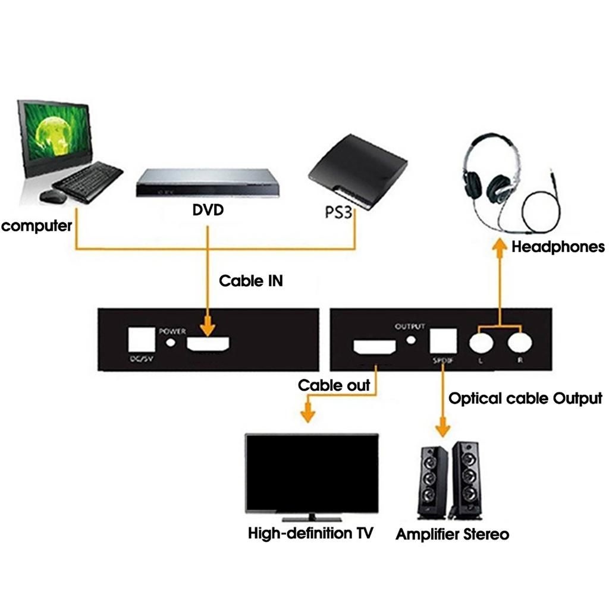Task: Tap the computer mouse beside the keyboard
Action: pos(53,196)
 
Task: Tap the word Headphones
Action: pos(558,247)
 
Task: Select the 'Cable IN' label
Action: pos(250,281)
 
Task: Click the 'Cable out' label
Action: pos(334,385)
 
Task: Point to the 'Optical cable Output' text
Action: pos(525,398)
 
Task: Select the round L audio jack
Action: pos(481,343)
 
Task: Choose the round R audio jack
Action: pos(520,343)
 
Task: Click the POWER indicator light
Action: pos(172,342)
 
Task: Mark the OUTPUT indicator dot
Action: pos(411,340)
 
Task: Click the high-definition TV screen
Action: pos(312,473)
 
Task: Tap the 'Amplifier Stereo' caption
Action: pos(452,534)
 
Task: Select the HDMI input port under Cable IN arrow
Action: pos(208,344)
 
